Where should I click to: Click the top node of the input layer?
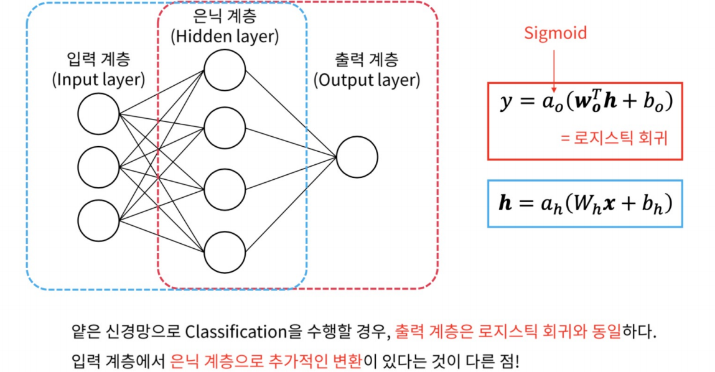[98, 113]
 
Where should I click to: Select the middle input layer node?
[98, 167]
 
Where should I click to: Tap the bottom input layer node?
[98, 220]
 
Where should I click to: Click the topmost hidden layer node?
[224, 70]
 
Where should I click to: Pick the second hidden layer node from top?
[224, 129]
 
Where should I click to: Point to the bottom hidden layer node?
[224, 251]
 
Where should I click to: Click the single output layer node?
[357, 157]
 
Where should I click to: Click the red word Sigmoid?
[555, 32]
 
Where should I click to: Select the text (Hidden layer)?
[225, 36]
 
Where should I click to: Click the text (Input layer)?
[98, 80]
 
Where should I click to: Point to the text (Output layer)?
[367, 80]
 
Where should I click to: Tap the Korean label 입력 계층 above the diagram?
[98, 60]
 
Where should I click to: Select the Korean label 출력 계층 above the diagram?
[367, 60]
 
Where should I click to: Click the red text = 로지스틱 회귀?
[614, 138]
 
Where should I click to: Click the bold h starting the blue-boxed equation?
[505, 203]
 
